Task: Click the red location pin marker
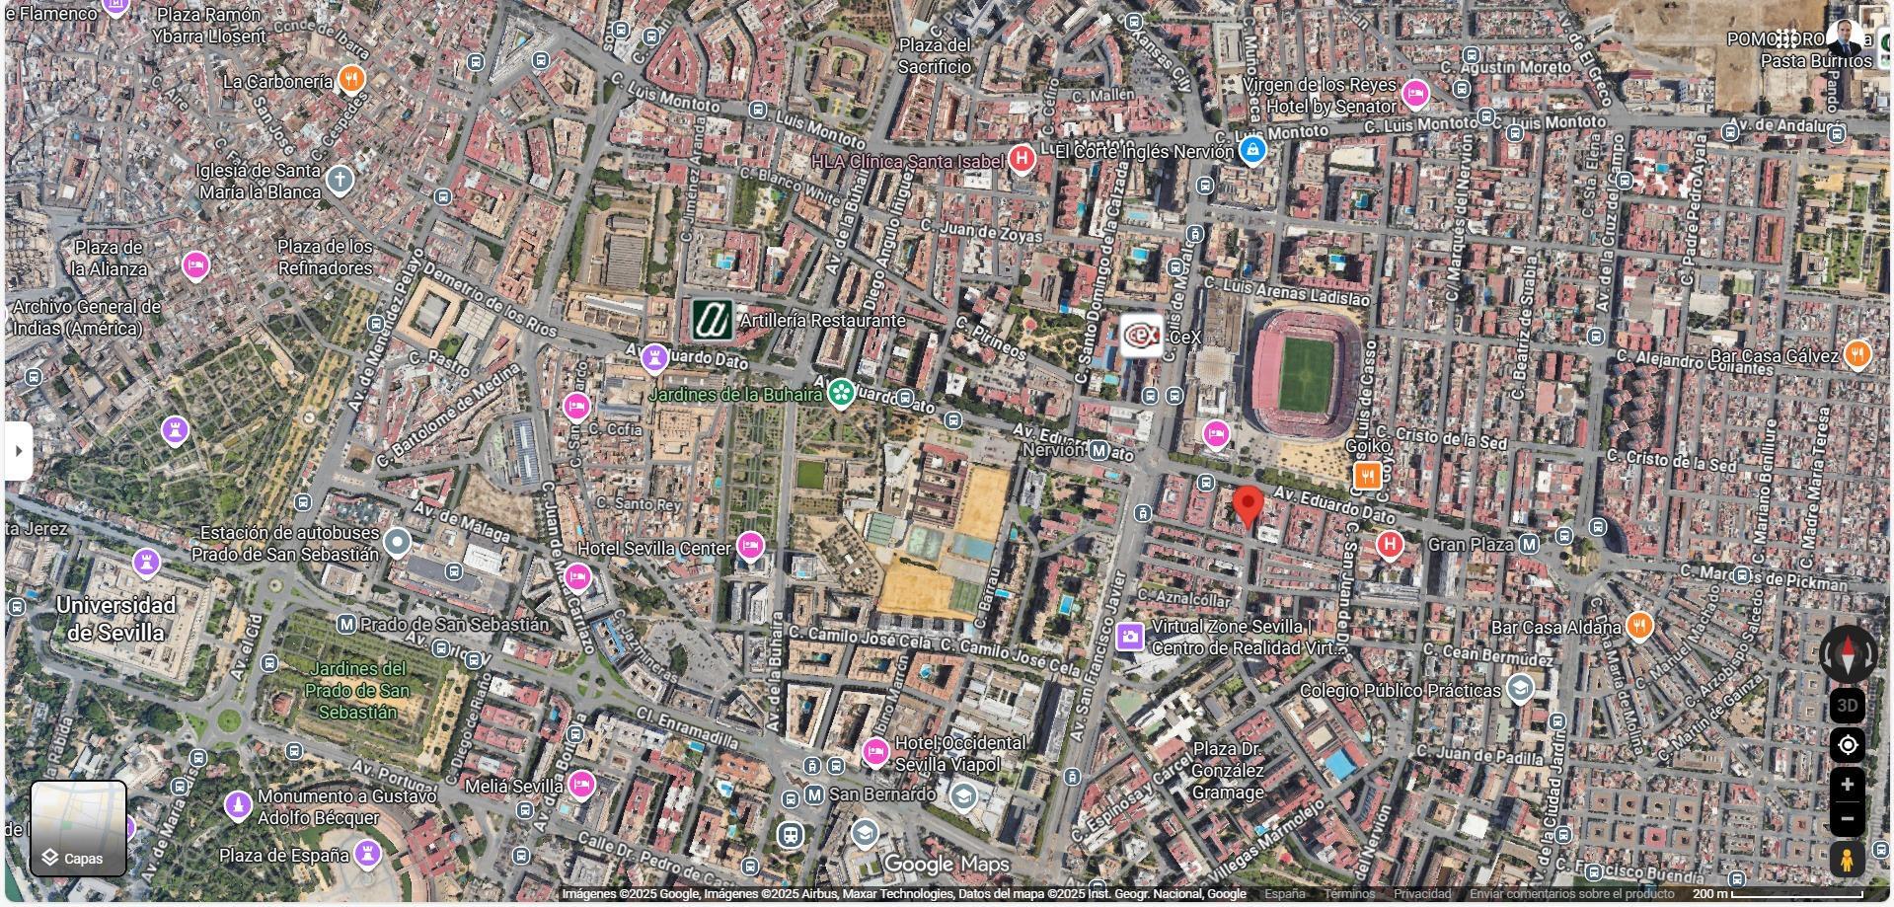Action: [x=1249, y=505]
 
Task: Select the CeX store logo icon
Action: [x=1142, y=336]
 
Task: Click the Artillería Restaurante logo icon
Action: [x=712, y=320]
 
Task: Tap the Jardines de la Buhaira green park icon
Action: [x=841, y=394]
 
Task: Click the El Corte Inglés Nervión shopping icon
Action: [x=1252, y=151]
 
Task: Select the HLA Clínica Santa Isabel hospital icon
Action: [x=1022, y=158]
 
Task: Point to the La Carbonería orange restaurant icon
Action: [x=351, y=79]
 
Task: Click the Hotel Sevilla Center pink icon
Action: [x=750, y=545]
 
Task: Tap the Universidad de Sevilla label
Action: [x=115, y=618]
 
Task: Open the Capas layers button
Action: [x=78, y=829]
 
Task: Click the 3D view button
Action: [x=1848, y=706]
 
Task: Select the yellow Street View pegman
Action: [x=1848, y=860]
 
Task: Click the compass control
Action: [x=1848, y=653]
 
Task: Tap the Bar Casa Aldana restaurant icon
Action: [x=1639, y=625]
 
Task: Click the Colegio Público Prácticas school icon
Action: [x=1521, y=688]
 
